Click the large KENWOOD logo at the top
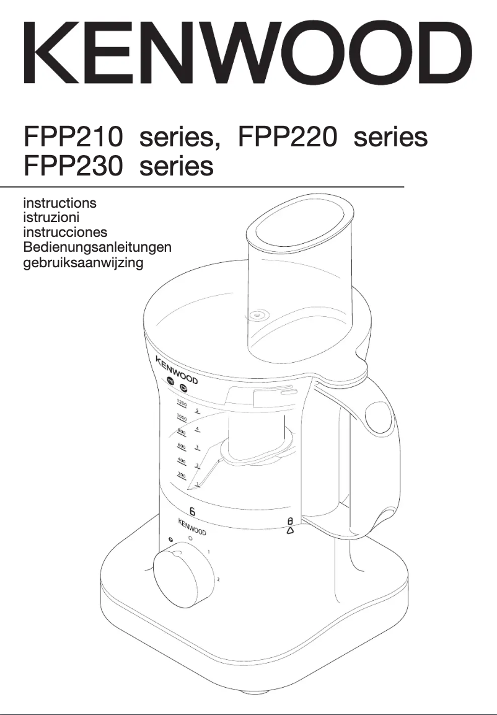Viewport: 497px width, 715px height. click(x=248, y=53)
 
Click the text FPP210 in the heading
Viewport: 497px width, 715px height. click(x=73, y=137)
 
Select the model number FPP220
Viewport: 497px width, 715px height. click(x=288, y=137)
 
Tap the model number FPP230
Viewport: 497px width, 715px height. click(x=73, y=166)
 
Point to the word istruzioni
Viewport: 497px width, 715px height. click(x=51, y=217)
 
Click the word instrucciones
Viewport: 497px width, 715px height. click(x=64, y=232)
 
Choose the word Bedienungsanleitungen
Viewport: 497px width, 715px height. click(x=97, y=247)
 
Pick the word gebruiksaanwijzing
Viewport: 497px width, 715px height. click(x=83, y=262)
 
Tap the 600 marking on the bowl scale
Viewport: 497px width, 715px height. click(x=182, y=446)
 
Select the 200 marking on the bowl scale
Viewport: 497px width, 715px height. click(x=181, y=475)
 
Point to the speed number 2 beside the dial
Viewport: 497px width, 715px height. click(x=218, y=580)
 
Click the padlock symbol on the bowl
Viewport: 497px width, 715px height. click(x=289, y=521)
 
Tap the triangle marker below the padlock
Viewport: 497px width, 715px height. click(x=290, y=531)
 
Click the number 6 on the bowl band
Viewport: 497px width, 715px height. click(x=192, y=512)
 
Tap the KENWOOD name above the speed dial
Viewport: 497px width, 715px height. click(x=192, y=527)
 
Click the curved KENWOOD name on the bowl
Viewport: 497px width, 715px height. click(x=176, y=369)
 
